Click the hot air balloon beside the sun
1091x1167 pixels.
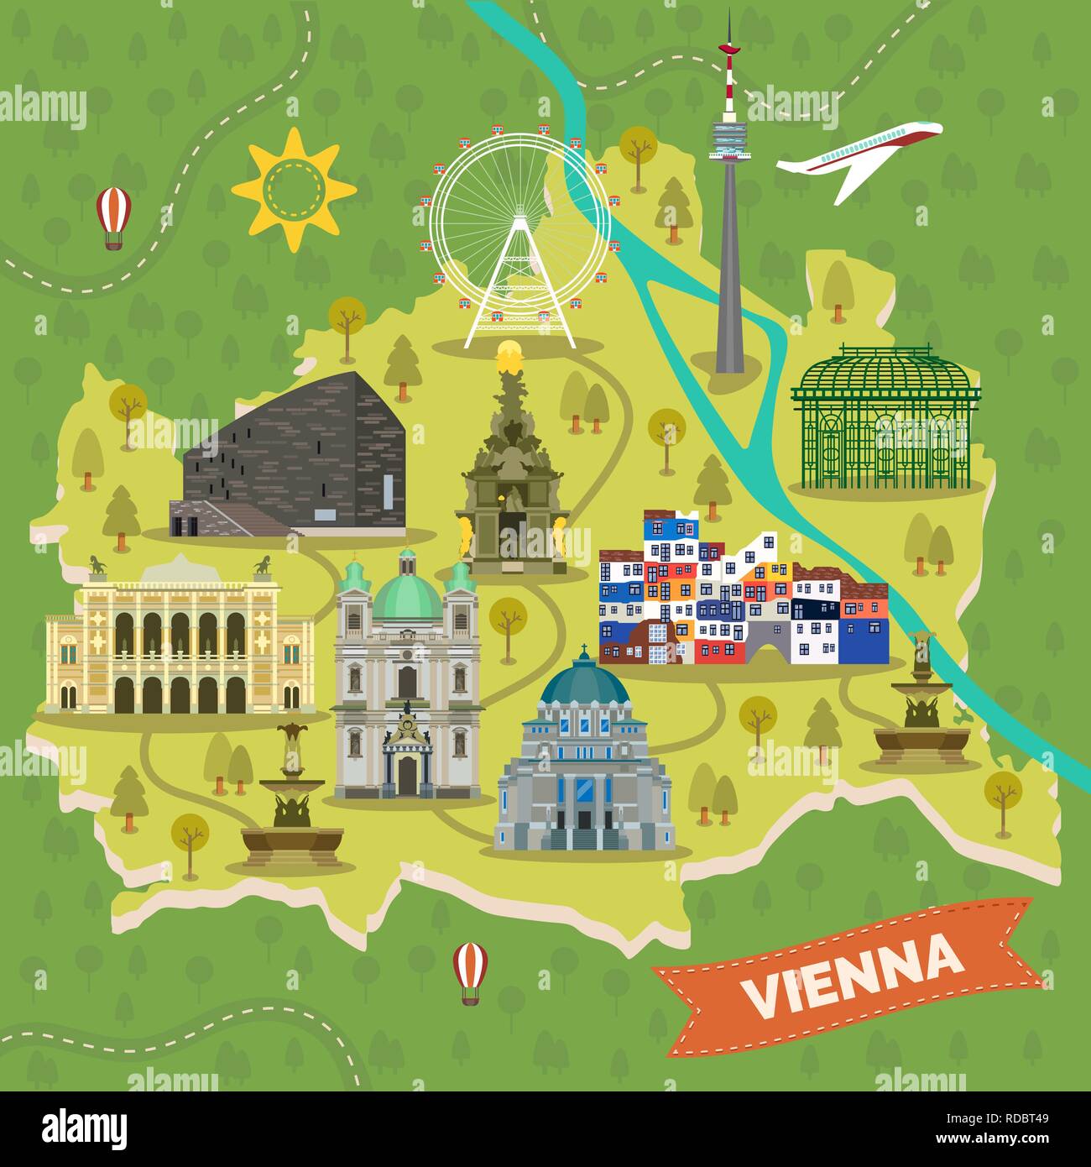pyautogui.click(x=112, y=216)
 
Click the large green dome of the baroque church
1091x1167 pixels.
pyautogui.click(x=407, y=596)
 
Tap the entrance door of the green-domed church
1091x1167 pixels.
pyautogui.click(x=407, y=775)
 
